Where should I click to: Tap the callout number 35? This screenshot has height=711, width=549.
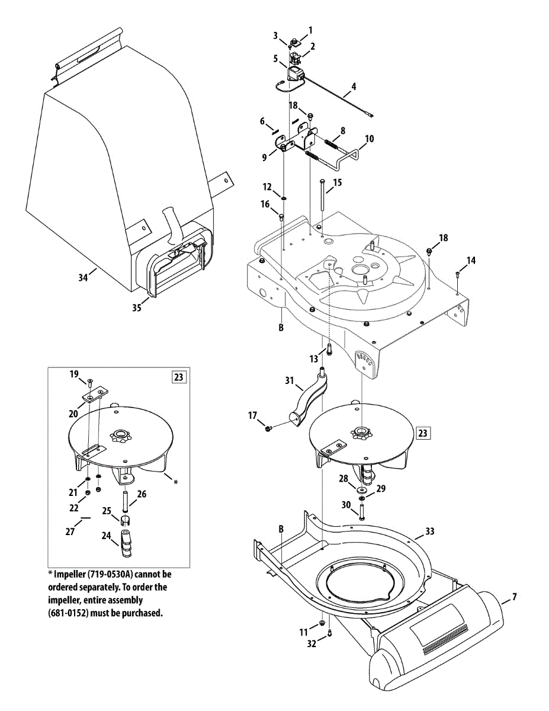click(x=137, y=308)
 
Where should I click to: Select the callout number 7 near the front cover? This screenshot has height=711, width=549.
click(x=514, y=597)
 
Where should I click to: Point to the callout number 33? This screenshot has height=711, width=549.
click(x=430, y=531)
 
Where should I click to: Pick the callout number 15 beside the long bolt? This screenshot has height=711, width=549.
click(x=337, y=183)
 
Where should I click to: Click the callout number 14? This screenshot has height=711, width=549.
click(x=471, y=260)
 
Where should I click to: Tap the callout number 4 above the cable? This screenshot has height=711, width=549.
click(x=354, y=87)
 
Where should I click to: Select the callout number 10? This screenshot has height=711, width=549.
click(x=369, y=139)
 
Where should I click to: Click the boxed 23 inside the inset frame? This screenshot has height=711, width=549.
click(x=179, y=376)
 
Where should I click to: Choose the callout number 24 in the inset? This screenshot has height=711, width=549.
click(x=107, y=536)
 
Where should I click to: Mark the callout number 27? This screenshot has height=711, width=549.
click(x=70, y=531)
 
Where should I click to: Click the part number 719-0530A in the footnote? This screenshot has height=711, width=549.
click(x=114, y=574)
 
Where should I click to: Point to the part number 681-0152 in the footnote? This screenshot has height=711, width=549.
click(x=68, y=613)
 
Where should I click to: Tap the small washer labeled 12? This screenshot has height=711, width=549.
click(x=284, y=197)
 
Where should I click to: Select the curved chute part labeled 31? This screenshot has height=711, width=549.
click(x=309, y=400)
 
